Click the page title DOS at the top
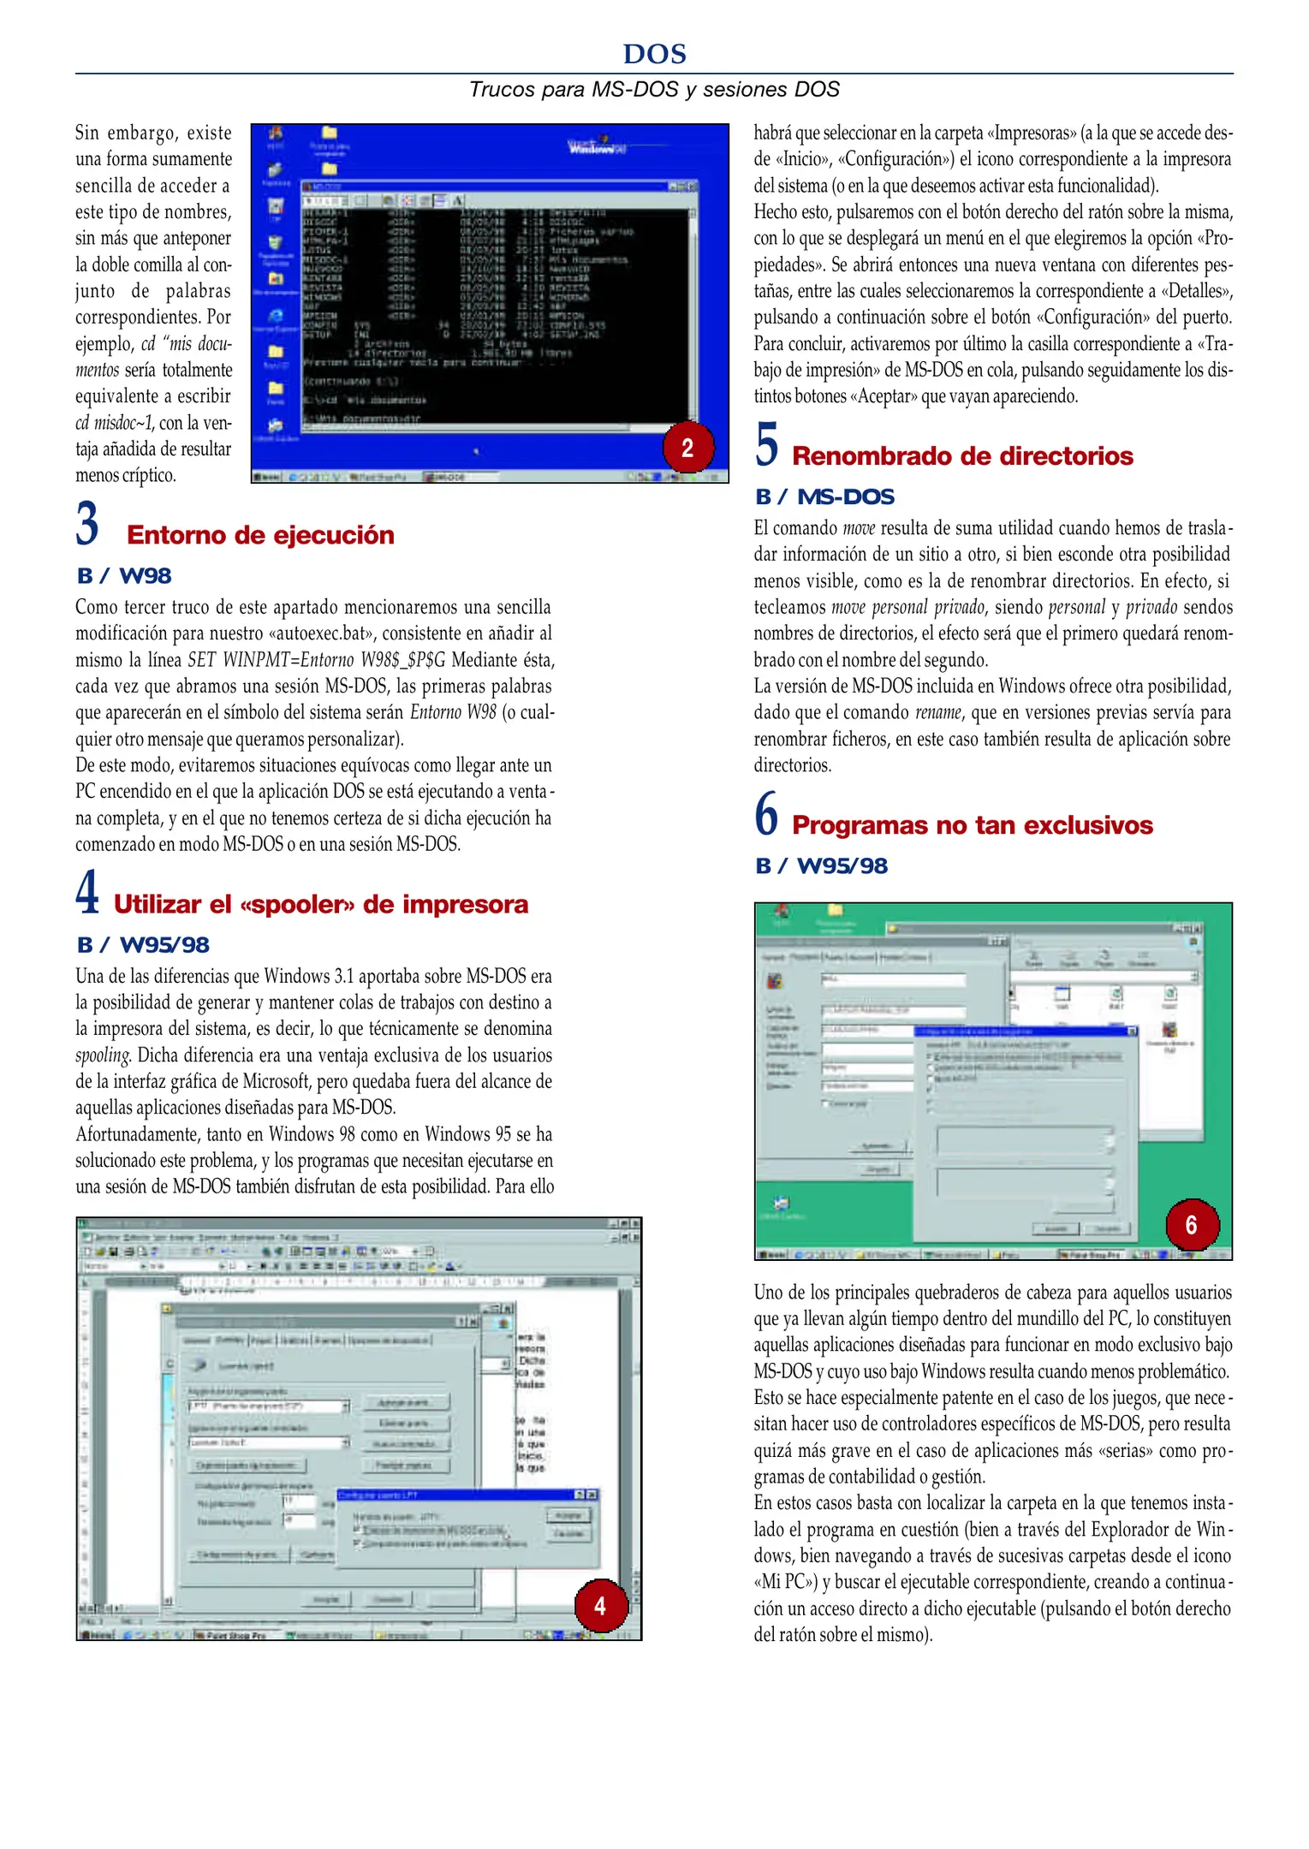coord(654,54)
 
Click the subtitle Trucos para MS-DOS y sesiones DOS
coord(654,89)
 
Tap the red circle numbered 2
coord(687,447)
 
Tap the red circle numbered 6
coord(1191,1224)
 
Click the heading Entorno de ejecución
coord(260,535)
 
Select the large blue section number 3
coord(87,524)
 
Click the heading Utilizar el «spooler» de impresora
coord(320,904)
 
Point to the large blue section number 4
coord(87,893)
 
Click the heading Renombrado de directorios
coord(962,456)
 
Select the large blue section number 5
coord(766,445)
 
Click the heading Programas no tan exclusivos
coord(972,825)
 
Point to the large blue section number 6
coord(766,814)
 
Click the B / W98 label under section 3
coord(124,576)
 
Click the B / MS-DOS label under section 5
coord(824,496)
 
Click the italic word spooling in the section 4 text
coord(102,1055)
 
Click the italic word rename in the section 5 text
coord(937,712)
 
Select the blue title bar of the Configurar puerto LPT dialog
coord(454,1495)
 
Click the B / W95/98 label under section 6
coord(821,865)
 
